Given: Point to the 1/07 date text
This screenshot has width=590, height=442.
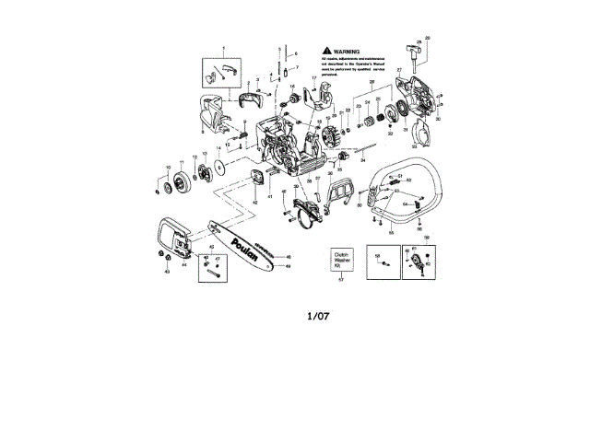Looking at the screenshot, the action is pyautogui.click(x=318, y=316).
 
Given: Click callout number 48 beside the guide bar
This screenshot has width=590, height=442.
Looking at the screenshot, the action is pyautogui.click(x=289, y=257).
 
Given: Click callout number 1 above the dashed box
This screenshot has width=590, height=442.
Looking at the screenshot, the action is pyautogui.click(x=221, y=46).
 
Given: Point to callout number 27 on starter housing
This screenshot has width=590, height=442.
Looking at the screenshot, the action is pyautogui.click(x=399, y=70).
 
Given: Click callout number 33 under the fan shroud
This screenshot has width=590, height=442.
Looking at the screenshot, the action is pyautogui.click(x=414, y=145).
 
